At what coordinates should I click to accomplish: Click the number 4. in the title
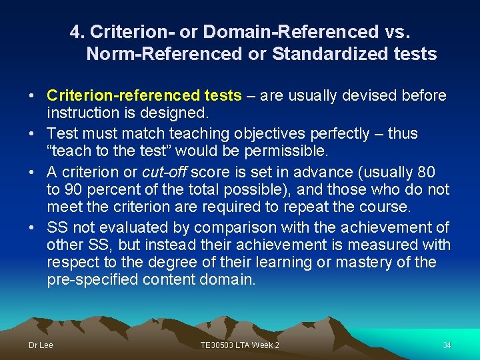(x=77, y=31)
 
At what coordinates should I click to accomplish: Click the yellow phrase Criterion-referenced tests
(x=144, y=96)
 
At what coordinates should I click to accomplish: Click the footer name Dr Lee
(x=41, y=345)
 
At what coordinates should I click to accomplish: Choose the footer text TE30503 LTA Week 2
(x=239, y=345)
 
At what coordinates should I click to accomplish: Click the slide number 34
(x=447, y=345)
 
